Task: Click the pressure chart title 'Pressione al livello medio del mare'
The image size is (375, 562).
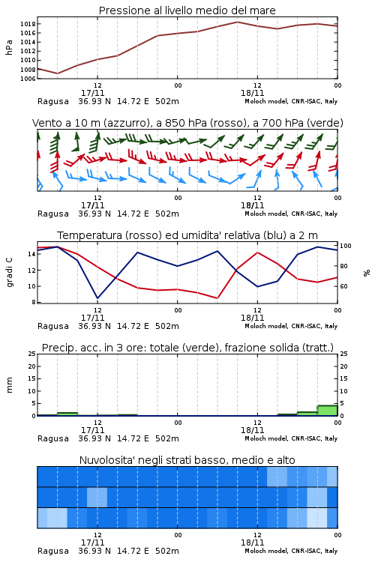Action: click(x=187, y=10)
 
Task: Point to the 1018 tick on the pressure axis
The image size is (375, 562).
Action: click(x=28, y=24)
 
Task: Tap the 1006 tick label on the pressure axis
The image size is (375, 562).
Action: click(x=28, y=79)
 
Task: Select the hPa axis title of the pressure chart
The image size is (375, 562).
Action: click(x=9, y=47)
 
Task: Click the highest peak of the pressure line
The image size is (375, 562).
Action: click(x=237, y=22)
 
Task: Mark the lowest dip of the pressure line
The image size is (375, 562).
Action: click(x=58, y=73)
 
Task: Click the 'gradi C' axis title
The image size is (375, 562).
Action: click(x=9, y=272)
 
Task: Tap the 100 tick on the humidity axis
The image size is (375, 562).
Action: click(x=346, y=246)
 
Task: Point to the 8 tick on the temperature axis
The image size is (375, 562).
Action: click(x=34, y=302)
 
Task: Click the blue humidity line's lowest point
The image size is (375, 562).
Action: click(x=97, y=298)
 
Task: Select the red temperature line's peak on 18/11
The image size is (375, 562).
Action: click(x=257, y=253)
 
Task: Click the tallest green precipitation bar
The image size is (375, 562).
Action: click(x=327, y=411)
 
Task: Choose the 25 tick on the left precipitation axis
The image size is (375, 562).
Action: click(x=32, y=354)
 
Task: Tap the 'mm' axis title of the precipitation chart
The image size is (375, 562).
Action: click(x=9, y=384)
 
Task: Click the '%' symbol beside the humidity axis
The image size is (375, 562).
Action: click(x=367, y=273)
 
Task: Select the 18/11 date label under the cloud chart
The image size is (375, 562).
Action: click(x=252, y=543)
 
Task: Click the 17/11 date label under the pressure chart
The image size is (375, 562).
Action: click(x=92, y=93)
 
